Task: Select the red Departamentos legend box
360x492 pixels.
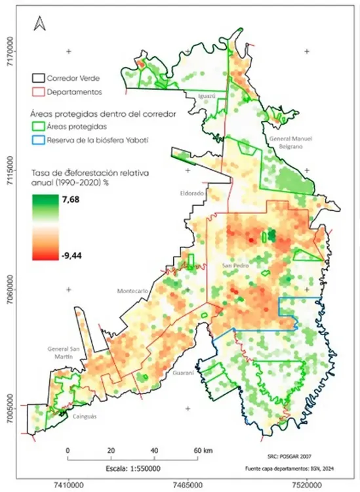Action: coord(41,92)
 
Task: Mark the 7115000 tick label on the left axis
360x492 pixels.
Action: coord(11,172)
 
